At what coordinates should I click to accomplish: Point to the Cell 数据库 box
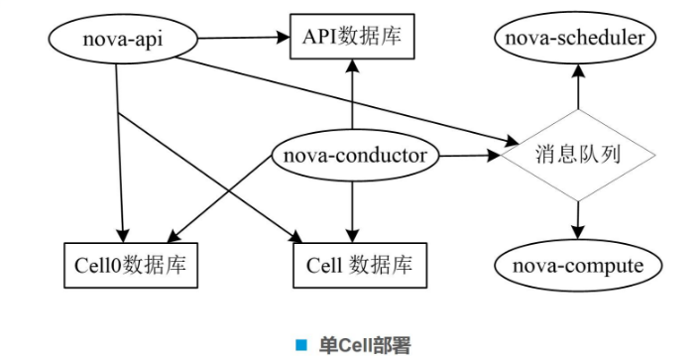click(x=358, y=266)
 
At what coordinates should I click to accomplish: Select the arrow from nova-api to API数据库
click(x=238, y=39)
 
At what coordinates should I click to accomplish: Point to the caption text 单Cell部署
click(x=364, y=345)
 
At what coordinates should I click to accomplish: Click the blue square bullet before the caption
click(x=301, y=345)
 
